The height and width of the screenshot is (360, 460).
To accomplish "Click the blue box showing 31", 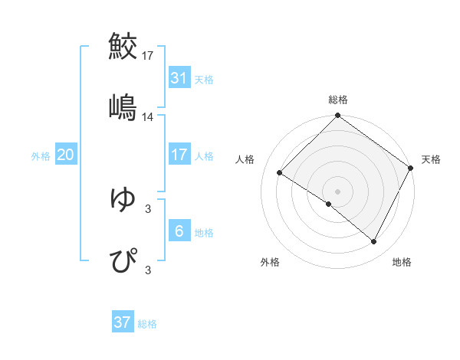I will tap(179, 78).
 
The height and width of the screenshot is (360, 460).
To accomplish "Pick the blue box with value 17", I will tap(179, 155).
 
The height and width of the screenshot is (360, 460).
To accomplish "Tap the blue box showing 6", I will tap(179, 231).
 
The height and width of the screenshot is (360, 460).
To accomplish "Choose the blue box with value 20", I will tap(65, 155).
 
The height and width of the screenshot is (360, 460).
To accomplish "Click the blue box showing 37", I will tap(122, 322).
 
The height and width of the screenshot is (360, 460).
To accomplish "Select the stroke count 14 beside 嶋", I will tap(148, 117).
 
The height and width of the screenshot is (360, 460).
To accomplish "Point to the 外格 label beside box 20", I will tap(41, 155).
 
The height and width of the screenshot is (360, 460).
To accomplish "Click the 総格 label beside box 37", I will tap(148, 324).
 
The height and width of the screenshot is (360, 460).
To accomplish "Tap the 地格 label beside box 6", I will tap(204, 232).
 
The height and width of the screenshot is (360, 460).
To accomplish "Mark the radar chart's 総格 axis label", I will tap(338, 100).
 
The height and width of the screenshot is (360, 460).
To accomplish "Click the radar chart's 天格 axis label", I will tap(431, 159).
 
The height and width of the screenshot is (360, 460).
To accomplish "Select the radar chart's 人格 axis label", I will tap(245, 159).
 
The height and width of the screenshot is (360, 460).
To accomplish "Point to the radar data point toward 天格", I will tap(411, 168).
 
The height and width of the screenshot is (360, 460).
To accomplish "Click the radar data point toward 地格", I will tap(374, 242).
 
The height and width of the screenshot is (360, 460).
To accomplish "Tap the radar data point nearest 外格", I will tap(329, 204).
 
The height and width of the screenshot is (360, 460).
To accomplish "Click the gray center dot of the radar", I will tap(338, 191).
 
